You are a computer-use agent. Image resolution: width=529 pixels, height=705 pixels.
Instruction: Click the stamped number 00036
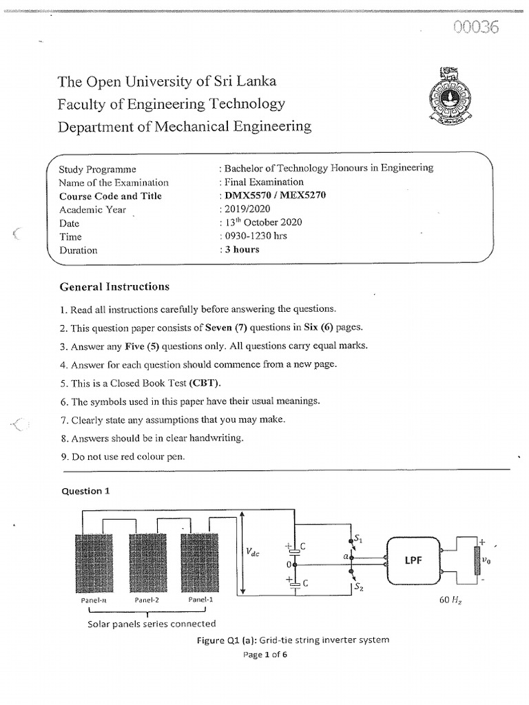click(x=475, y=28)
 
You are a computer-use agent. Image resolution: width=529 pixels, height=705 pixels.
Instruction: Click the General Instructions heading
click(x=114, y=286)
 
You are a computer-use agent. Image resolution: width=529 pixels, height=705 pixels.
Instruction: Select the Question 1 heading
click(x=86, y=491)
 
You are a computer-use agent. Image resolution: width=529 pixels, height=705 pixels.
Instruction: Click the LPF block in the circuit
click(x=413, y=560)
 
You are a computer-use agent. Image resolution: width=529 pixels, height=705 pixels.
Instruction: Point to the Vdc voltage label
click(x=253, y=552)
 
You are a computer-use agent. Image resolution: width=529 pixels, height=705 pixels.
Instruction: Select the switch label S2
click(x=359, y=587)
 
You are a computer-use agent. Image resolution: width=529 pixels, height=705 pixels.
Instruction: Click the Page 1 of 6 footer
click(x=264, y=655)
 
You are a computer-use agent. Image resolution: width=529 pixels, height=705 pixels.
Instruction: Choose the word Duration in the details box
click(x=78, y=250)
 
